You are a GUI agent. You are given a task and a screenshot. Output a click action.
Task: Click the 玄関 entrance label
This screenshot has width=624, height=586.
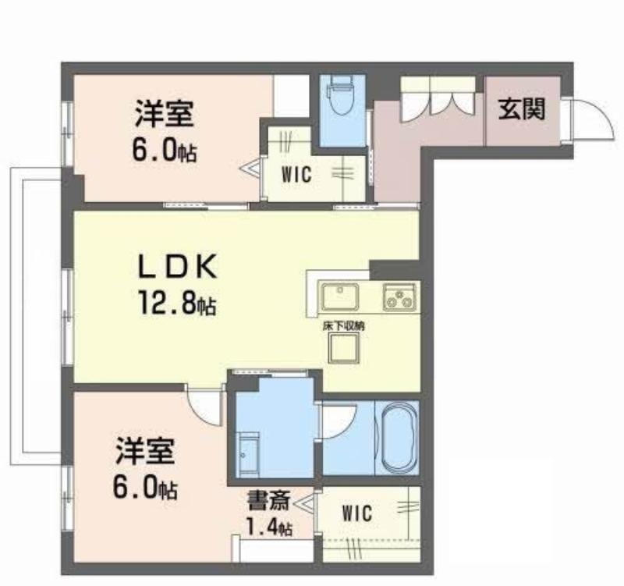coord(521,108)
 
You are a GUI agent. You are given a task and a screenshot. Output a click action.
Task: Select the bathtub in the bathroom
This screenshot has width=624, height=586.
coord(398,438)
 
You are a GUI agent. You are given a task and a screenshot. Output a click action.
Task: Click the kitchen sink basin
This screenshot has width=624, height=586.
coord(340,297)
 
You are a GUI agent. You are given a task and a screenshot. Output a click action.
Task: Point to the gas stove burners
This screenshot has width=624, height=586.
coord(399,297)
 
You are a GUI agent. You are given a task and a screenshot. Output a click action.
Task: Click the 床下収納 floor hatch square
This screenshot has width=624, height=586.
coord(343,347)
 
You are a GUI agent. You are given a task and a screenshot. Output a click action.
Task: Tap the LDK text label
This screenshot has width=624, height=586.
coord(178,265)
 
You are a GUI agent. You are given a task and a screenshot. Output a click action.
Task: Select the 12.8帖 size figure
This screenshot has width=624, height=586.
coord(177,303)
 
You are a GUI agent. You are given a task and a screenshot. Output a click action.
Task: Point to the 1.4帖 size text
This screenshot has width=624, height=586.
coord(269,527)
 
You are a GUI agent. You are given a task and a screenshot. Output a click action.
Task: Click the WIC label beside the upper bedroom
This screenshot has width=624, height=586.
coord(296,174)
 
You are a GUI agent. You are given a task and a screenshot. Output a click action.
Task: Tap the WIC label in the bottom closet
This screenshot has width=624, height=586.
coord(357,513)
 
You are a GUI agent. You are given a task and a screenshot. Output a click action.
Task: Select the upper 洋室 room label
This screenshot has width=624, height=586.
coord(164,114)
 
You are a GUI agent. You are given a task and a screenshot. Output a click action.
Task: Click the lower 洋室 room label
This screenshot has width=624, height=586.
coord(145,452)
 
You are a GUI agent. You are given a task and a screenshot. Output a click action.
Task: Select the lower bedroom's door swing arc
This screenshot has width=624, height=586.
coord(197,414)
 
